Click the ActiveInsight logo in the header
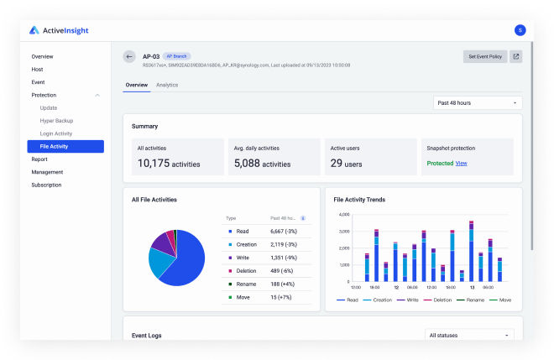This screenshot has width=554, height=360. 59,30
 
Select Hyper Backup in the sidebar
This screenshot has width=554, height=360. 57,121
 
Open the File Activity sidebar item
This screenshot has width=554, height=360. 54,146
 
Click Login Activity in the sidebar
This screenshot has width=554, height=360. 56,133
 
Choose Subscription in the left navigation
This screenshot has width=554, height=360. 46,185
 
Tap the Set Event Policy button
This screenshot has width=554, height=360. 485,57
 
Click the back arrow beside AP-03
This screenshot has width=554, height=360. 129,56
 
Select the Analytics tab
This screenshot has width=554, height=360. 167,85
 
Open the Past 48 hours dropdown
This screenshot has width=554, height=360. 477,103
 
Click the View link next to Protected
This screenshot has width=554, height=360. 462,163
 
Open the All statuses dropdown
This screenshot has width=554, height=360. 469,335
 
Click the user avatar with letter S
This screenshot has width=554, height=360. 520,30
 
